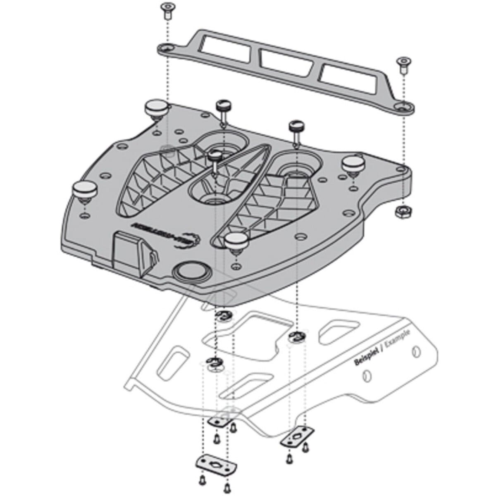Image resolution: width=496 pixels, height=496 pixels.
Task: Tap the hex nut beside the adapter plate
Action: coord(401,212)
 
